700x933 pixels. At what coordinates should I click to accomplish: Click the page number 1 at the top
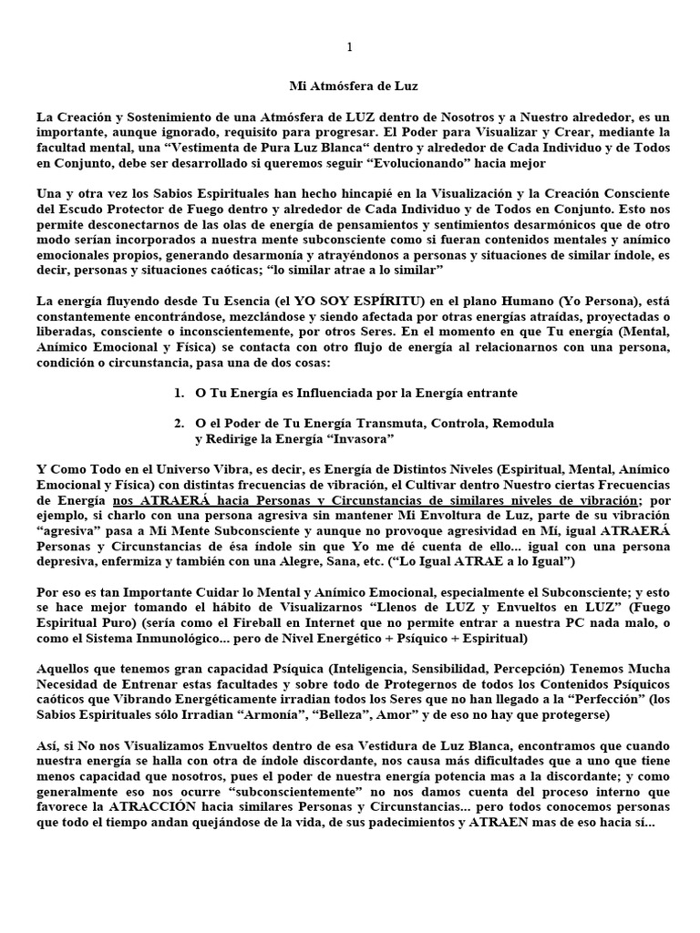[x=350, y=47]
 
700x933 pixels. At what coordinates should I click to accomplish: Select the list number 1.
[x=178, y=393]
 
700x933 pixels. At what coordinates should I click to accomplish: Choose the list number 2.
[x=178, y=424]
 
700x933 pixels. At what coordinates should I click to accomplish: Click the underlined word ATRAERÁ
[x=158, y=501]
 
